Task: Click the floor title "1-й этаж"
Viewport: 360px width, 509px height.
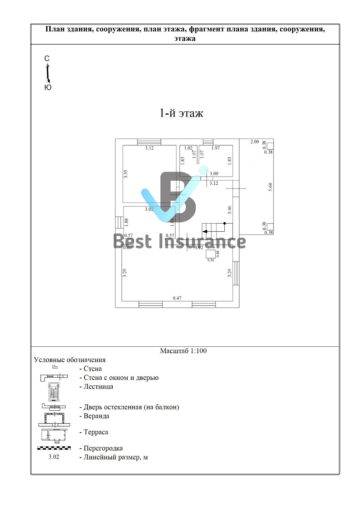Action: pos(181,113)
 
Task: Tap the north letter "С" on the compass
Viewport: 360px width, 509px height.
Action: pos(47,59)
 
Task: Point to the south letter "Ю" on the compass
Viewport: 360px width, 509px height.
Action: pos(48,87)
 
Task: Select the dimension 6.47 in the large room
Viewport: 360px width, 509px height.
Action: pos(177,298)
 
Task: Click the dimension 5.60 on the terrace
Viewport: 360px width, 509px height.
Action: pos(271,187)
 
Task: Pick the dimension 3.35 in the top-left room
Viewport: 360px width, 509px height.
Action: pos(126,174)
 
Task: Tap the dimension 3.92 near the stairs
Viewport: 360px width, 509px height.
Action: pos(199,248)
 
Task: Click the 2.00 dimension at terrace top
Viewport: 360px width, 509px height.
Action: pos(255,142)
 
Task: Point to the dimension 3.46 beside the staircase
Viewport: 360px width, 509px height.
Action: pos(229,210)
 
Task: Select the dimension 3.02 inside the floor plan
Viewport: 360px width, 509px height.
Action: pos(149,209)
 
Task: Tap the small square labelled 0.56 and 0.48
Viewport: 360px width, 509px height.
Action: pos(210,254)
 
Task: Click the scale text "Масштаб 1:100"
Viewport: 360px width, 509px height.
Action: pos(183,351)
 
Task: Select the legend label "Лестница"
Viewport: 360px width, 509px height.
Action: pos(98,387)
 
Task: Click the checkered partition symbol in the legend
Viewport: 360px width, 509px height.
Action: pos(54,448)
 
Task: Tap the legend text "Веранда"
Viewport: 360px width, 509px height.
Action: pos(96,416)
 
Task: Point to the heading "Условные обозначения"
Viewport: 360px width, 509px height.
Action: pos(70,360)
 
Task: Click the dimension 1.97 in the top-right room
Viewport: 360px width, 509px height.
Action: pos(216,148)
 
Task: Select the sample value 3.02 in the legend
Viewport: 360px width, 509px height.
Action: pos(54,457)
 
